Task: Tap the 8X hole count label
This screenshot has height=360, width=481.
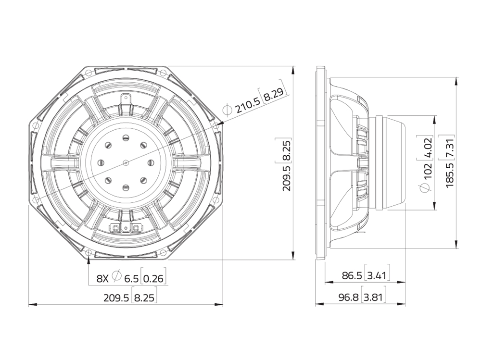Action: (103, 279)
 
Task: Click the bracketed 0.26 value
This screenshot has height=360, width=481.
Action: (154, 279)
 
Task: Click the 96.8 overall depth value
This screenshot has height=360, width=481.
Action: (348, 297)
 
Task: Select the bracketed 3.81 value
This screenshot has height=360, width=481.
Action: (374, 297)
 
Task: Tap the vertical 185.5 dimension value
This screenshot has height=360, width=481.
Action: (449, 176)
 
